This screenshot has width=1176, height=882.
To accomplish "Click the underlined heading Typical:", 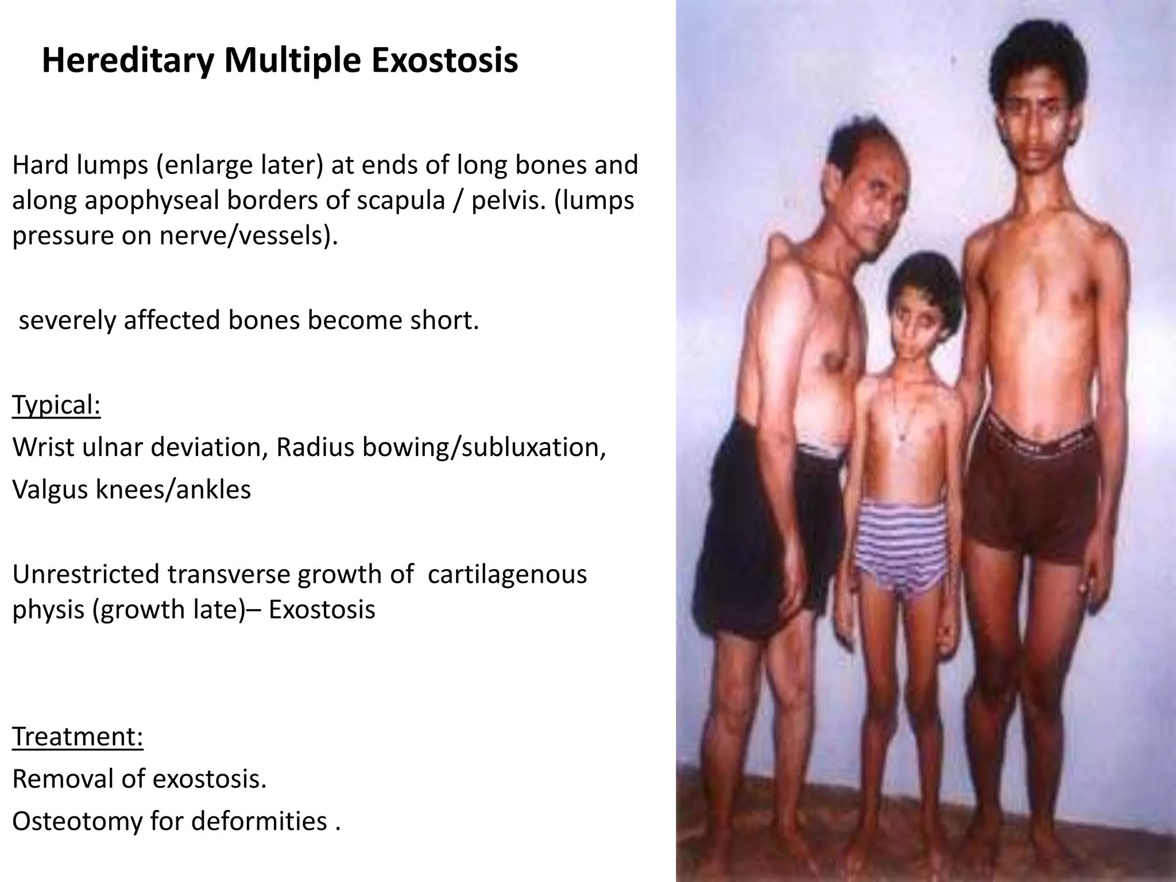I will pyautogui.click(x=56, y=405).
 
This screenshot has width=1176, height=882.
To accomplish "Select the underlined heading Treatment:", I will pyautogui.click(x=78, y=736).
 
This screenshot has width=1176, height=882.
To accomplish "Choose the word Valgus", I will pyautogui.click(x=48, y=489).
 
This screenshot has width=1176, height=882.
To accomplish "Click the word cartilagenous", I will pyautogui.click(x=507, y=574).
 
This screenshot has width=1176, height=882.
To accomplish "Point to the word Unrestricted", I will pyautogui.click(x=86, y=574).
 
